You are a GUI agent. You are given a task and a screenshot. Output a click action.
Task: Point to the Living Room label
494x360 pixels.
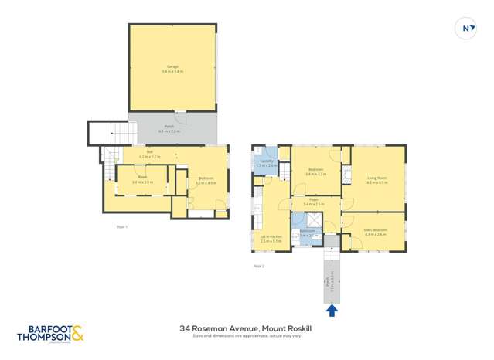click(x=376, y=179)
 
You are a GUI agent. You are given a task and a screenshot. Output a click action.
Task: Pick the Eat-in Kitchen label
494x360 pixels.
click(x=271, y=239)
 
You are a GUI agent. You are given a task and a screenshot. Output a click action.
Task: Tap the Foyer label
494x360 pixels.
click(x=314, y=202)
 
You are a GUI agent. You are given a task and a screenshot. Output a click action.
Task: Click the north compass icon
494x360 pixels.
click(x=467, y=29)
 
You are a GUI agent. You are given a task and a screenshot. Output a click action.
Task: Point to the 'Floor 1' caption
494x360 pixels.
click(x=121, y=226)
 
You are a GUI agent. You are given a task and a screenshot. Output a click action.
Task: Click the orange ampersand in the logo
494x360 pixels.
click(x=77, y=334)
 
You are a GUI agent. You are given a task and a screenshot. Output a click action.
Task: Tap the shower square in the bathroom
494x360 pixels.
click(x=298, y=219)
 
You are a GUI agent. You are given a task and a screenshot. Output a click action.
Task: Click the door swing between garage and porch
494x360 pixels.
click(x=180, y=116)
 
